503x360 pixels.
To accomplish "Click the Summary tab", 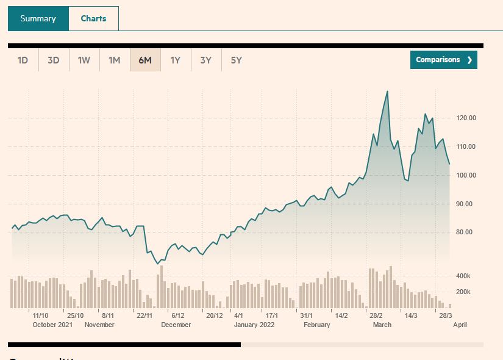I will click(38, 18).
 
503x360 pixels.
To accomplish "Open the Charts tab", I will click(93, 18).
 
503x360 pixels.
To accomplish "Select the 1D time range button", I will click(23, 60).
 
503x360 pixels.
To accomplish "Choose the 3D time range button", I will click(54, 60).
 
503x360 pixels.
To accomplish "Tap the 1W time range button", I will click(84, 60).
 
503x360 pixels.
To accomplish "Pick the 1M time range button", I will click(115, 60).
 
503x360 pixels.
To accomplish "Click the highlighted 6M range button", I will click(145, 60).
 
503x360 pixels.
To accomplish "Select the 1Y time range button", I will click(176, 60).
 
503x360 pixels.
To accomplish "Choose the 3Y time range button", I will click(206, 60).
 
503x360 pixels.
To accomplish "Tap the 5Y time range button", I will click(237, 60).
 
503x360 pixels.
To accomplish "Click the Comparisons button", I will click(443, 60).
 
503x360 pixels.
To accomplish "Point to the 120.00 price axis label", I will click(466, 118).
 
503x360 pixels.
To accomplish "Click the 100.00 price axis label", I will click(466, 175).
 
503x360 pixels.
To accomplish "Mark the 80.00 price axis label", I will click(466, 232).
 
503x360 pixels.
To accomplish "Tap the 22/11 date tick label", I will click(144, 315).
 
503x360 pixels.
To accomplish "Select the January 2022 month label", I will click(254, 325).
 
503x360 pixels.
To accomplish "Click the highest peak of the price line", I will click(387, 92).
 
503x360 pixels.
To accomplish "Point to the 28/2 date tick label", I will click(376, 315).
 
